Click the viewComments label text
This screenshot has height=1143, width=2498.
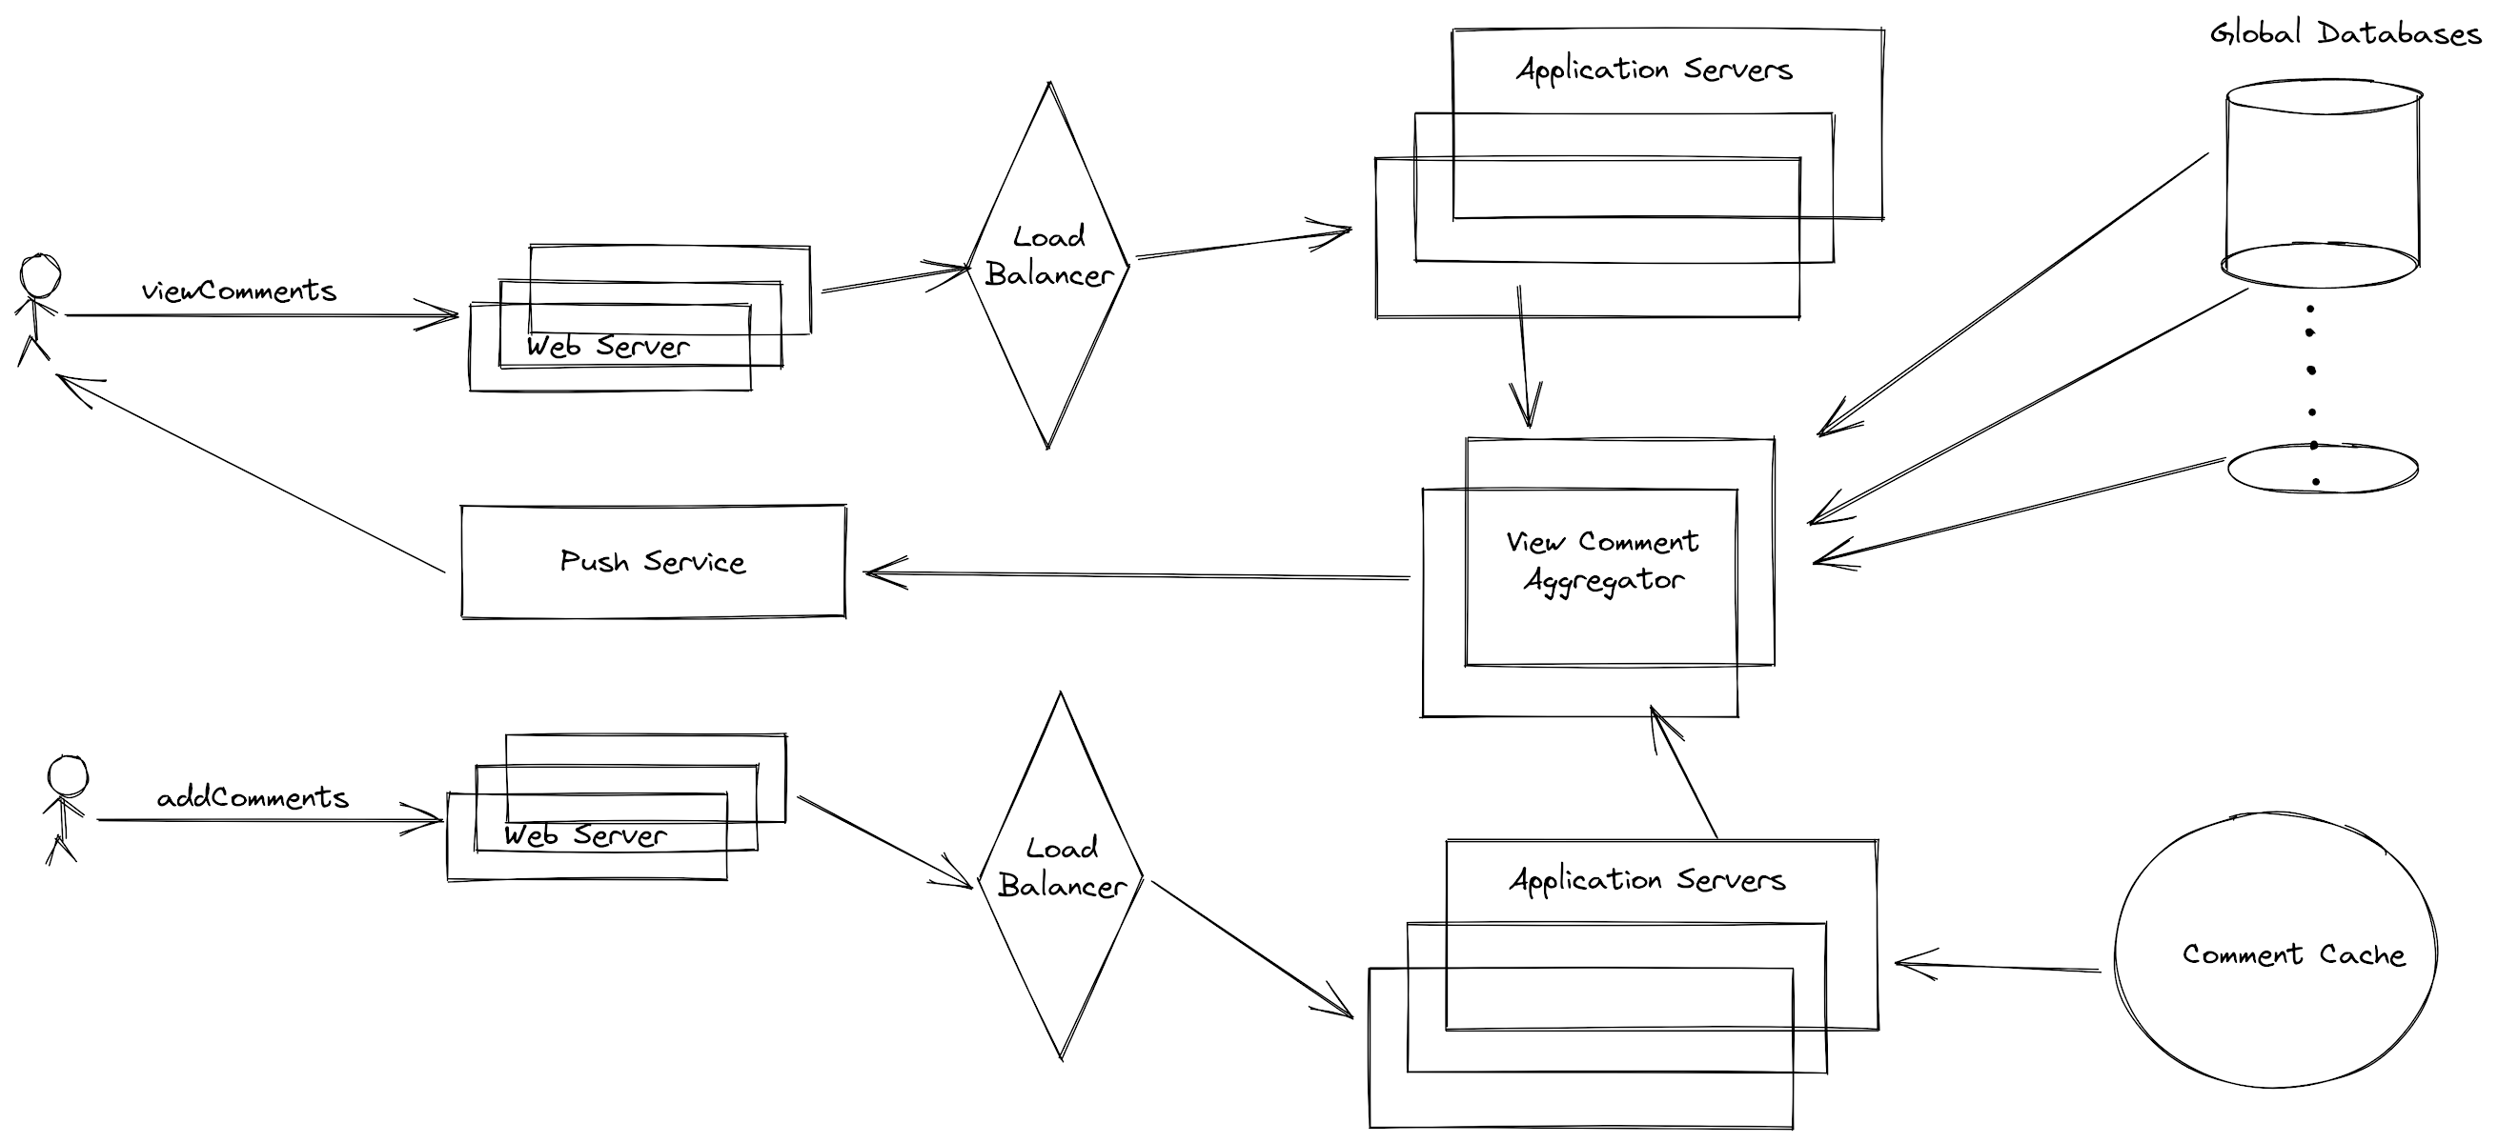click(x=238, y=291)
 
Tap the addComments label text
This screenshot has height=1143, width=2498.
click(x=253, y=798)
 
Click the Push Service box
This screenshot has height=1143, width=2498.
click(x=653, y=561)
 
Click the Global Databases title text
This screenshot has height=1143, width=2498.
click(x=2344, y=34)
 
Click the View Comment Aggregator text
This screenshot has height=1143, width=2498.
click(x=1602, y=560)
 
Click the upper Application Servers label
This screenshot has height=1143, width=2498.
click(x=1655, y=70)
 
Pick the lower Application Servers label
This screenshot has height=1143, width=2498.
click(x=1647, y=879)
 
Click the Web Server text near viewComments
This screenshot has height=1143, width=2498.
click(x=608, y=346)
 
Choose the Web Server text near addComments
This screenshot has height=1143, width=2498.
click(x=585, y=834)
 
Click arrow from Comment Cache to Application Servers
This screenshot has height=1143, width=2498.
click(x=1998, y=966)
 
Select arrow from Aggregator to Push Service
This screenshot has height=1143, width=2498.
click(x=1134, y=575)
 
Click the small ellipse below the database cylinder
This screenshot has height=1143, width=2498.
click(x=2322, y=469)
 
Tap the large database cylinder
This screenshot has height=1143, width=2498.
click(x=2322, y=179)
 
